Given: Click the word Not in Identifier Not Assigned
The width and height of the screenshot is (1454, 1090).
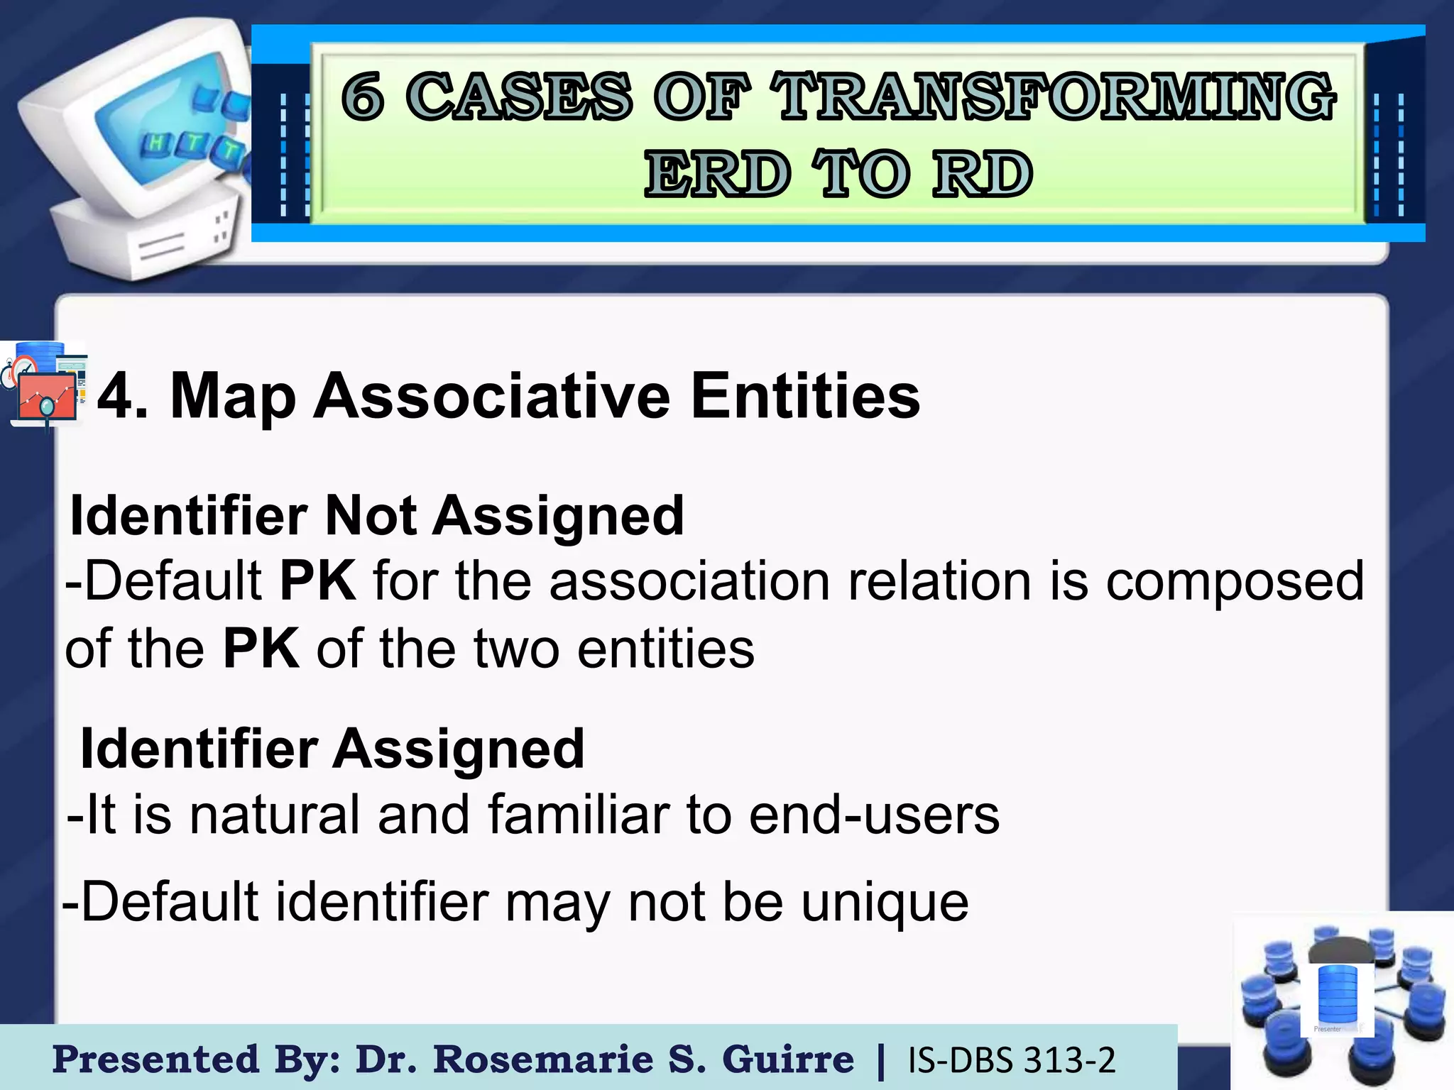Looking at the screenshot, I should [x=370, y=515].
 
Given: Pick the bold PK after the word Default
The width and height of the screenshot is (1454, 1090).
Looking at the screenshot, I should [x=317, y=581].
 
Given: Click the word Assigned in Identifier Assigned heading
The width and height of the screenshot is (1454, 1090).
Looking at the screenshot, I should [x=459, y=749].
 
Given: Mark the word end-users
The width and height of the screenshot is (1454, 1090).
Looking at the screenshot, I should [x=874, y=815].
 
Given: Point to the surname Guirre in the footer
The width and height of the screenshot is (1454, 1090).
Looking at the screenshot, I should [x=787, y=1060].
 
